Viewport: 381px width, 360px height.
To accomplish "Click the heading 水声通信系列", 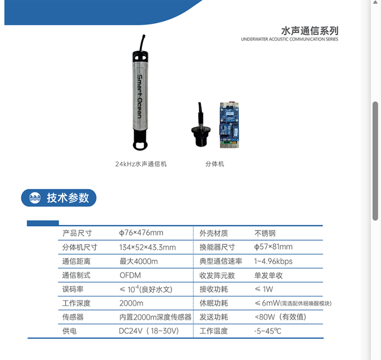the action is tap(310, 31).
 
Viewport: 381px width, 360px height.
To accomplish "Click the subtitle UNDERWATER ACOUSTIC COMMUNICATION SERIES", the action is tap(290, 39).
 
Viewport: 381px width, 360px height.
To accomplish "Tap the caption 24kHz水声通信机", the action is tap(141, 164).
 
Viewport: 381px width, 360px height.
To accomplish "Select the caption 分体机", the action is tap(214, 164).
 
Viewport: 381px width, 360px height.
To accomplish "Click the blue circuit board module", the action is tap(229, 125).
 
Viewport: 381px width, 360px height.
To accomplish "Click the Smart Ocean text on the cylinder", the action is tap(139, 96).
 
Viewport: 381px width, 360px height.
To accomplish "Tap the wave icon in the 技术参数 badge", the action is tap(35, 198).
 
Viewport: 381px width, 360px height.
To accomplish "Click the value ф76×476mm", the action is tap(141, 233).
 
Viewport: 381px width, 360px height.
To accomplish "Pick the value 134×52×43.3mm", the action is tap(148, 247).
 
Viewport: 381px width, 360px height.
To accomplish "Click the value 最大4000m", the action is tap(138, 262).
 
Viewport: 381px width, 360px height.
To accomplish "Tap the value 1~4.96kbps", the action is tap(273, 262).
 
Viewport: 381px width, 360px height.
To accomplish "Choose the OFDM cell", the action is tap(130, 275).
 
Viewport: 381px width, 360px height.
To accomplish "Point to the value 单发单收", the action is tap(268, 276).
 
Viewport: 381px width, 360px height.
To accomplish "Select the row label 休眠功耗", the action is tap(213, 303).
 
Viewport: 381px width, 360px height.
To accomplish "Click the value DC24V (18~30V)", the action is tap(149, 331).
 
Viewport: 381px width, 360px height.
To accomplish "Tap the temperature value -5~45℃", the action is tap(268, 331).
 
